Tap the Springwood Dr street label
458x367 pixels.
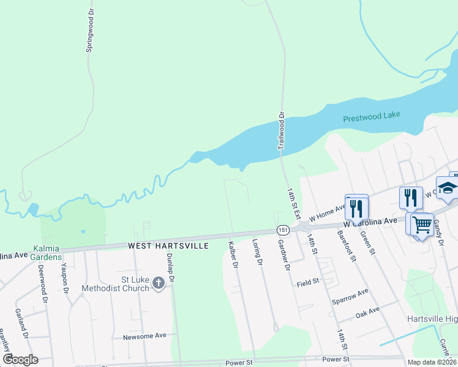coord(90,31)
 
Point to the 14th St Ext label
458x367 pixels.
coord(294,202)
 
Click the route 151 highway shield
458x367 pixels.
coord(282,229)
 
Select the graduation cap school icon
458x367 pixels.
coord(447,188)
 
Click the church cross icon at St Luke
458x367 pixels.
coord(159,283)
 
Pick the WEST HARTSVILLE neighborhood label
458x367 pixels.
coord(168,246)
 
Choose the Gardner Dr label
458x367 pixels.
coord(283,255)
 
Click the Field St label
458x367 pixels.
coord(308,282)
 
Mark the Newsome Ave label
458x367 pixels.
coord(145,336)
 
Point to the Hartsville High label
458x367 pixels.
coord(432,319)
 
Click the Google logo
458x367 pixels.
coord(21,359)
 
